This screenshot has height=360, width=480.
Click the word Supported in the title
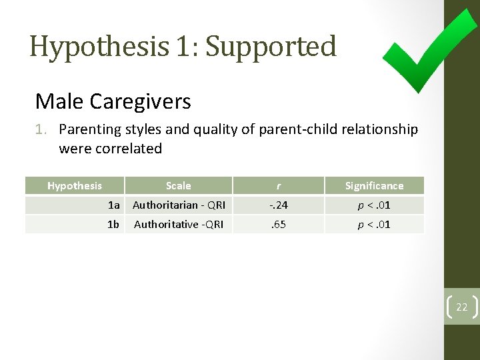pos(271,46)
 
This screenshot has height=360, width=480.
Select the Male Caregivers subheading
pos(113,101)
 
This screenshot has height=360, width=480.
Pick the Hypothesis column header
pos(75,186)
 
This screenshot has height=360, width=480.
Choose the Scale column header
pos(178,186)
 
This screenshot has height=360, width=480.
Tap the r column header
pos(278,186)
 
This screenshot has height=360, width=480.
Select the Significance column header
pos(374,186)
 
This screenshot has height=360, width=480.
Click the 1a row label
pos(113,205)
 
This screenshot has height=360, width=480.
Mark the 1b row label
pos(113,224)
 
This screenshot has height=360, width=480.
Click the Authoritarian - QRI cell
pos(179,205)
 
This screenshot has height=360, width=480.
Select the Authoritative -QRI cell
pos(179,224)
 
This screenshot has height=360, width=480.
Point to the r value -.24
pos(278,205)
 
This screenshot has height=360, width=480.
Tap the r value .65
pos(278,224)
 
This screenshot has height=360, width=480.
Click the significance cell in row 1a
pos(374,205)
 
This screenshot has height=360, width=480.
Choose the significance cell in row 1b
pos(374,224)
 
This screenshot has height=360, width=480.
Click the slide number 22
pos(461,307)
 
